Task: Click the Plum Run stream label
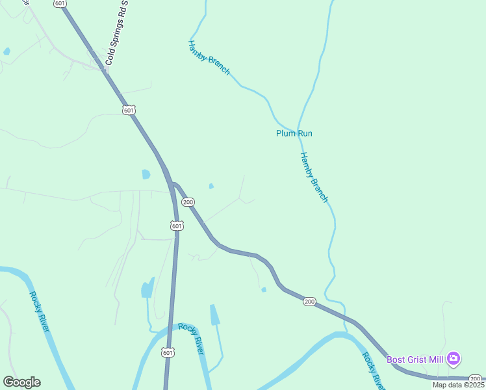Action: (294, 133)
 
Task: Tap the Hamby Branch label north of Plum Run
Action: (209, 58)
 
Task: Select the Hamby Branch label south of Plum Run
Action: (314, 177)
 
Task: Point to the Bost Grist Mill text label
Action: (415, 359)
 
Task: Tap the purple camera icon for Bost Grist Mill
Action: (454, 358)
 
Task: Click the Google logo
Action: (21, 382)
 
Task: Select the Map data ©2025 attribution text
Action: (459, 385)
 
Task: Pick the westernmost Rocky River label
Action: (39, 311)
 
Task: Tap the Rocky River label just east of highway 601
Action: (192, 339)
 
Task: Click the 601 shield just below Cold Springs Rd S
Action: (129, 110)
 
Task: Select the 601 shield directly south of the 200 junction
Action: (177, 225)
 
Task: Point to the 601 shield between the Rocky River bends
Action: (168, 352)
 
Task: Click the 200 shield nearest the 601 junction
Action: (188, 202)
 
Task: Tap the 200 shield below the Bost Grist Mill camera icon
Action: (476, 379)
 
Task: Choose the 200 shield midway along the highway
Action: (309, 301)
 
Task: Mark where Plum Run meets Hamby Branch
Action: (298, 128)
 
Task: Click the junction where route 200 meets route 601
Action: (173, 185)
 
